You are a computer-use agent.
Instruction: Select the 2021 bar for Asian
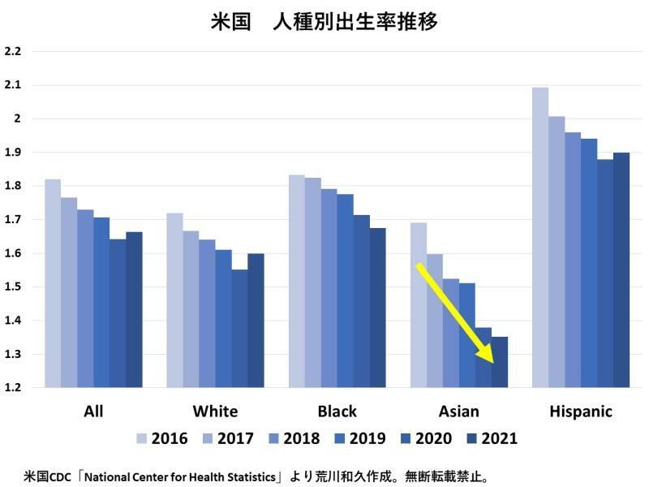[500, 362]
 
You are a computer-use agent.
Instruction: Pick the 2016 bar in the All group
[53, 283]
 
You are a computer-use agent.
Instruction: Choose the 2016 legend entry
[162, 439]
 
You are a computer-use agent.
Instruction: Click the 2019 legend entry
[362, 439]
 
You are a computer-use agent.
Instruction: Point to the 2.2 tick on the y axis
[13, 51]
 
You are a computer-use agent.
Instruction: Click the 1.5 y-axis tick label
[13, 287]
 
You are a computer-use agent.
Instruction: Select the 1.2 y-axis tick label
[13, 388]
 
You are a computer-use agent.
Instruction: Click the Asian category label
[458, 411]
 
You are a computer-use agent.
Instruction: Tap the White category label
[215, 411]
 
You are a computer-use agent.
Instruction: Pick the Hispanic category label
[580, 411]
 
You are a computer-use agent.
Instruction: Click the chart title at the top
[324, 22]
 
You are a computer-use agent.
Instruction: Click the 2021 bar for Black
[377, 308]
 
